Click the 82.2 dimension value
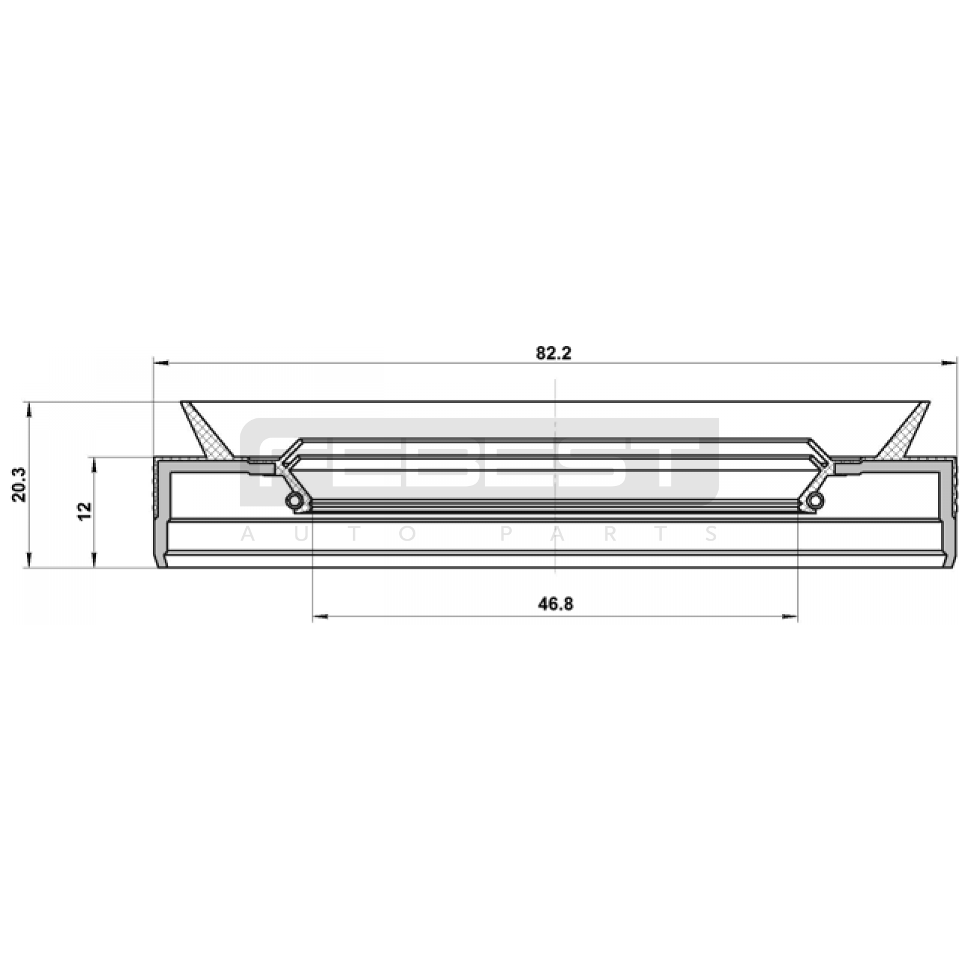554,353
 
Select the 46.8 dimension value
556,604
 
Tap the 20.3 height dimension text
18,484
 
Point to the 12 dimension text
85,511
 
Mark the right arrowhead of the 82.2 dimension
949,363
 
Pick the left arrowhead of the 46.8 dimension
321,616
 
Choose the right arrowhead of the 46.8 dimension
789,616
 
